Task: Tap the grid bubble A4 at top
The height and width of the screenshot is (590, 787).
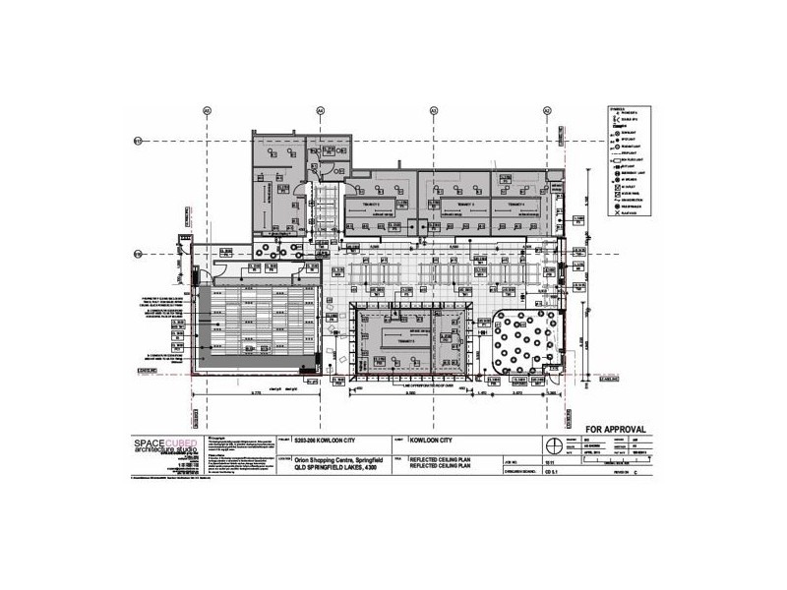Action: click(x=321, y=111)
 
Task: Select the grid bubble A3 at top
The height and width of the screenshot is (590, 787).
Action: click(x=434, y=111)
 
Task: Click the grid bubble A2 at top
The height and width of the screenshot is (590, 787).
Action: click(x=547, y=111)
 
